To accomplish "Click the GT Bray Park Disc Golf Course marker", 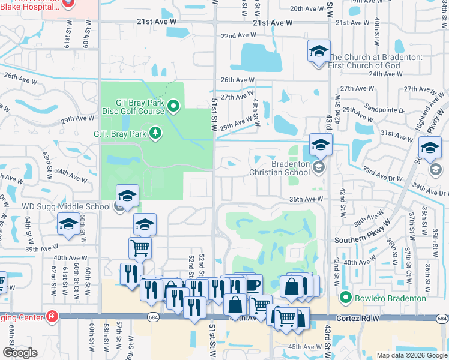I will [174, 107].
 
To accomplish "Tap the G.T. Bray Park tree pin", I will [155, 132].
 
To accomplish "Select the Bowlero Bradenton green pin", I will [345, 298].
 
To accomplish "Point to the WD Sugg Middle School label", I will [66, 207].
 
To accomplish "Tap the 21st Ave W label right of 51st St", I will [272, 23].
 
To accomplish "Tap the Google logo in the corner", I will [20, 353].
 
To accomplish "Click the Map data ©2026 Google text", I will [412, 355].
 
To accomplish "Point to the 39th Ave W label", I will [40, 249].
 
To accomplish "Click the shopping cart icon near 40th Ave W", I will [140, 247].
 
